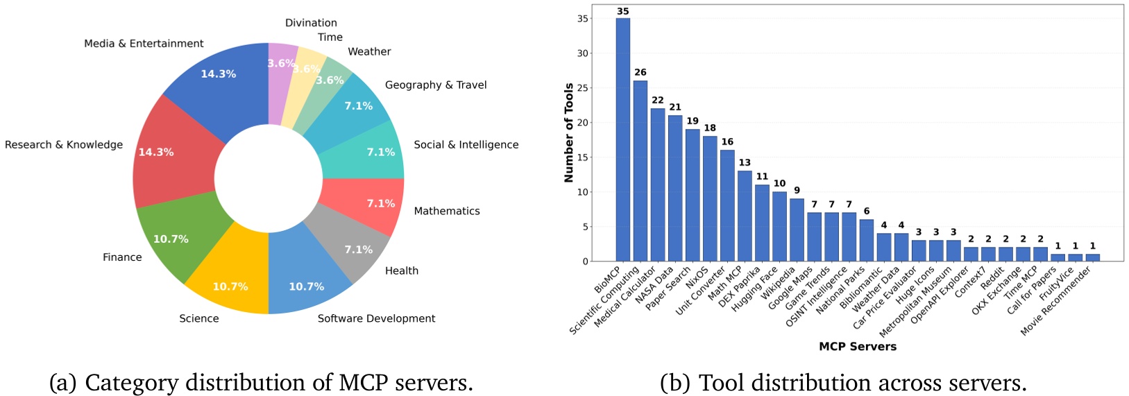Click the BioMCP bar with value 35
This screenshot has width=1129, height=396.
click(x=622, y=139)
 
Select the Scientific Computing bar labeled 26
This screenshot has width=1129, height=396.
click(x=640, y=171)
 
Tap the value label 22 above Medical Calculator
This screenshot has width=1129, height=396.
click(x=657, y=100)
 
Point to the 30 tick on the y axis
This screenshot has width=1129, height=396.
click(x=582, y=53)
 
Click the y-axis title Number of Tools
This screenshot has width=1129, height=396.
click(x=569, y=133)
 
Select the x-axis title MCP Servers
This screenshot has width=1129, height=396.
click(x=857, y=346)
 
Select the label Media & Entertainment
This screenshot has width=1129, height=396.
click(x=144, y=44)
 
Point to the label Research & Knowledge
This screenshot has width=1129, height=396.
click(x=64, y=144)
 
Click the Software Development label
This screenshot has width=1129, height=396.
click(x=376, y=318)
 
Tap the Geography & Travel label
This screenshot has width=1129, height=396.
click(x=436, y=85)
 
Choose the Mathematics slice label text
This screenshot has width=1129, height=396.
click(x=447, y=211)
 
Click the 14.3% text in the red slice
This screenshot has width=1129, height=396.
click(x=156, y=152)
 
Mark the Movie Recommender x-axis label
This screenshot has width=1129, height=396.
click(x=1057, y=300)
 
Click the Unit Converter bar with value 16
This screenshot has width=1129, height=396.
click(x=727, y=205)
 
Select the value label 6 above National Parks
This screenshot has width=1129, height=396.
click(x=866, y=211)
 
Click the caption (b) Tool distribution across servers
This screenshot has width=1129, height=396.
click(x=843, y=382)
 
